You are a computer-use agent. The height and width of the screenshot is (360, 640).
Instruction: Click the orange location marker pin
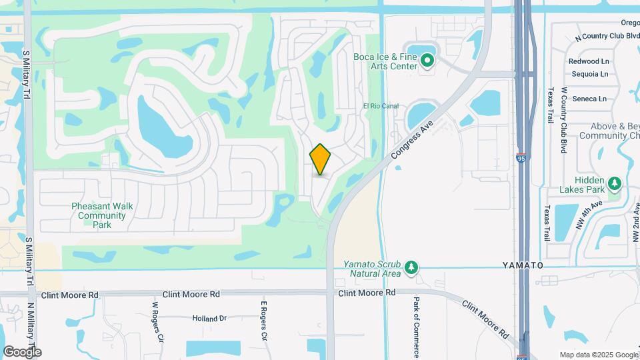[x=321, y=159]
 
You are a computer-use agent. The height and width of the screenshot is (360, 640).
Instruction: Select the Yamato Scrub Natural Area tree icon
[x=412, y=268]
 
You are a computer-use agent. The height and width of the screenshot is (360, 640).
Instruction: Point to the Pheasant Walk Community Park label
[x=102, y=215]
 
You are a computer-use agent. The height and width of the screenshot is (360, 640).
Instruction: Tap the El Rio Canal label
[x=381, y=106]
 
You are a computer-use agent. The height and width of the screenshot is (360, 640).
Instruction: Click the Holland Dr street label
[x=209, y=319]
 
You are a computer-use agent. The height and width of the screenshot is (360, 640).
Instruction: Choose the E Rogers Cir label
[x=264, y=321]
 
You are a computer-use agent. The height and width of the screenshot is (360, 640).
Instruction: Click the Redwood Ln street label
[x=588, y=61]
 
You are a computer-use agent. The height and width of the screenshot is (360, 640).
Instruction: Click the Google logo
[x=22, y=352]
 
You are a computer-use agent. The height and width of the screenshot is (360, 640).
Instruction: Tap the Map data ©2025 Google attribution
[x=599, y=355]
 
